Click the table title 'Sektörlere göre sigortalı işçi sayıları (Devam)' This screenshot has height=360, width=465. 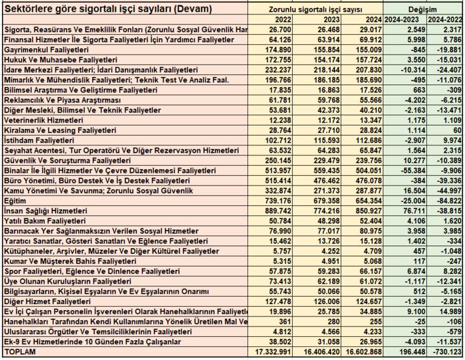109,9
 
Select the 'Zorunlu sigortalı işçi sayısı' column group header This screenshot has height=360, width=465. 315,10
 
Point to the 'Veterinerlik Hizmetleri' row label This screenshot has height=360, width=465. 43,121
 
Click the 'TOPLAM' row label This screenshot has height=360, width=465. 19,353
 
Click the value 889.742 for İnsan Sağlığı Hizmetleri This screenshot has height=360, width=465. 274,211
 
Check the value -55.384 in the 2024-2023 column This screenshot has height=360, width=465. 403,170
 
